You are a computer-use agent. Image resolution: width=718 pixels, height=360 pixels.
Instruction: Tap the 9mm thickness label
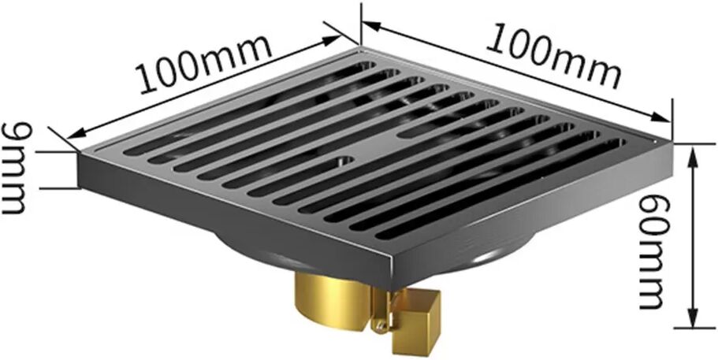14,168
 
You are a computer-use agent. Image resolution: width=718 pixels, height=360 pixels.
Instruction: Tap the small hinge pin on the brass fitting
378,325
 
